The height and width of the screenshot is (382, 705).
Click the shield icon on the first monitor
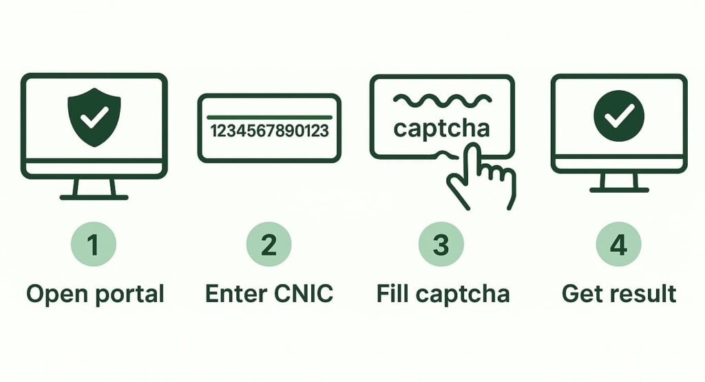click(x=94, y=116)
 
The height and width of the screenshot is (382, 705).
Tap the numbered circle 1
click(x=94, y=245)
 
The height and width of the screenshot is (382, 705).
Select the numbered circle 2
click(x=269, y=245)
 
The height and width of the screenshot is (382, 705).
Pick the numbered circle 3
click(x=441, y=245)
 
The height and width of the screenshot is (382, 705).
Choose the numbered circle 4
click(x=618, y=245)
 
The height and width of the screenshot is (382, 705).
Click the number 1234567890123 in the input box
click(x=269, y=131)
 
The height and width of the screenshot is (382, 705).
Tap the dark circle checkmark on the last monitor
click(x=618, y=116)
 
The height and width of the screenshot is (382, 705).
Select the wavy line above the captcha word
click(x=441, y=101)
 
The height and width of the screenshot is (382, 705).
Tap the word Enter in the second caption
click(x=235, y=294)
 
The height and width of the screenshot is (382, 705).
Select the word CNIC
click(x=304, y=294)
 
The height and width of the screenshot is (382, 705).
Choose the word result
click(x=644, y=294)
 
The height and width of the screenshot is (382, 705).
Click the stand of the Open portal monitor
click(x=94, y=189)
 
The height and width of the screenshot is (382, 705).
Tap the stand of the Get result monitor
click(x=618, y=182)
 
